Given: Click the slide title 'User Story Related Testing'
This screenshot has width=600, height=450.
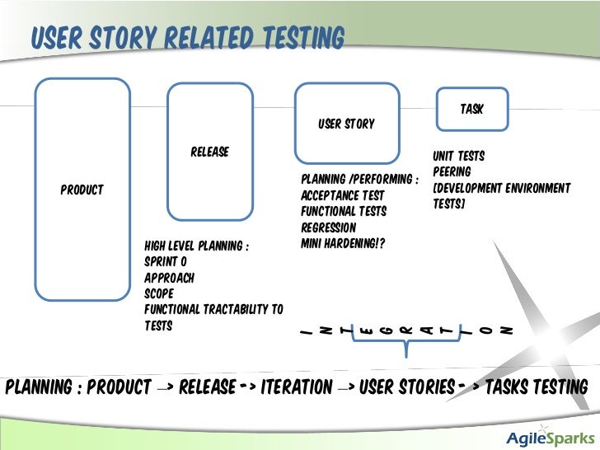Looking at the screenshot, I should [187, 37].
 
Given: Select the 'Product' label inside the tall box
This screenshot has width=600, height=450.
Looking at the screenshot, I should [82, 190].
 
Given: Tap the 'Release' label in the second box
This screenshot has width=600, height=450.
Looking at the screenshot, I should [209, 152].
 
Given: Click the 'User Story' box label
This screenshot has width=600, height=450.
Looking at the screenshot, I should [346, 124].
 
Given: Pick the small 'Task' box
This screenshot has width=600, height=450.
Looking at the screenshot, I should [471, 109].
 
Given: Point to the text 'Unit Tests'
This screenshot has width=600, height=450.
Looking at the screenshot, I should [458, 156].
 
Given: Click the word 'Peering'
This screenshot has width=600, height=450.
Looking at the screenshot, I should [452, 171].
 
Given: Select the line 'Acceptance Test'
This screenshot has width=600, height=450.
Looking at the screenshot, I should [343, 195].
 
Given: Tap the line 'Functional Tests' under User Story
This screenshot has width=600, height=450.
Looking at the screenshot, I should [344, 212].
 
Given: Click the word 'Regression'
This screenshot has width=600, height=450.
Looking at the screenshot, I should [329, 227].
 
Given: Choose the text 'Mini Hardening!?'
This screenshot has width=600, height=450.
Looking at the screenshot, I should [343, 244].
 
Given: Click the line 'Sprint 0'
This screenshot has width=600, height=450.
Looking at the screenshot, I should [166, 261].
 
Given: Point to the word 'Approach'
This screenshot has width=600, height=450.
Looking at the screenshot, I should [169, 278].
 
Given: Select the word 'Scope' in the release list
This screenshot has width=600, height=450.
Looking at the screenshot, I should [160, 293].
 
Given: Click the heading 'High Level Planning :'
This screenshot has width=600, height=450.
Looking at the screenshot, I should [197, 246].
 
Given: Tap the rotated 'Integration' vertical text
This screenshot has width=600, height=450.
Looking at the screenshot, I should [406, 330].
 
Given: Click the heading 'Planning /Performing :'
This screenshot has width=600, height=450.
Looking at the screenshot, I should [360, 180].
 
